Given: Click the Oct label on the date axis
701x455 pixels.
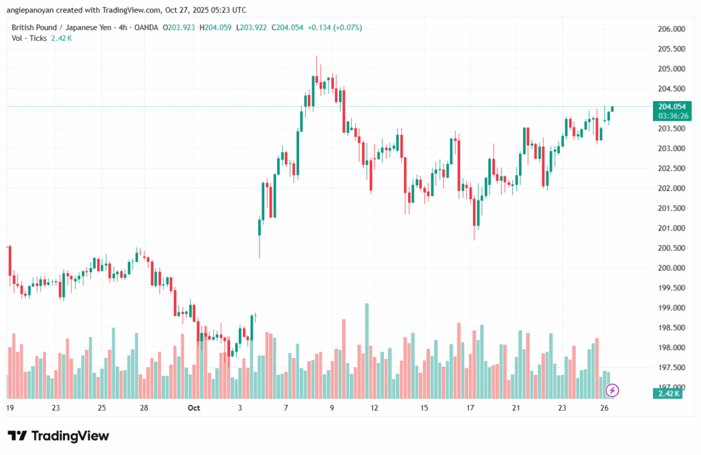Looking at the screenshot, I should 193,408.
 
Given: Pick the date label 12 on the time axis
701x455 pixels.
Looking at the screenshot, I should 374,408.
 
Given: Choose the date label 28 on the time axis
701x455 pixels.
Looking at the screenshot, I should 145,408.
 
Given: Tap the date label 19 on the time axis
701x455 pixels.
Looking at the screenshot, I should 10,408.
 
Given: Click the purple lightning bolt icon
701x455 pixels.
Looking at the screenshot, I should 613,391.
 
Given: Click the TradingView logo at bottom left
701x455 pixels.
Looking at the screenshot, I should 58,436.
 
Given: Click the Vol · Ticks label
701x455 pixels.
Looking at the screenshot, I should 29,38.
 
